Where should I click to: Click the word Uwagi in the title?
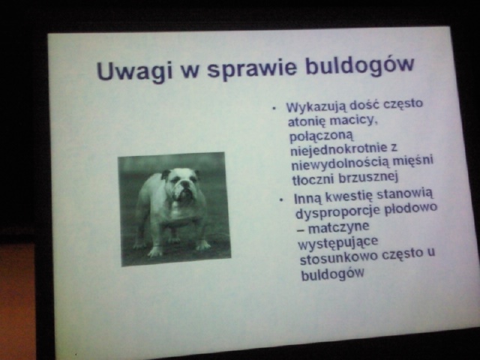(134, 71)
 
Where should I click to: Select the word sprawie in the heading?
(252, 68)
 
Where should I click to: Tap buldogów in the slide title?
(360, 65)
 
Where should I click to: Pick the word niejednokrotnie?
(339, 149)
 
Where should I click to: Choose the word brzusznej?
(368, 178)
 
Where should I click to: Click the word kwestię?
(349, 196)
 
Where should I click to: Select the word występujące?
(338, 244)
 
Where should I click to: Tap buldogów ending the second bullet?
(333, 273)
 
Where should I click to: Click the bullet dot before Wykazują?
(274, 108)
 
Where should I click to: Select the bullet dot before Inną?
(282, 200)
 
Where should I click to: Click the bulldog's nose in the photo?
(186, 184)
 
